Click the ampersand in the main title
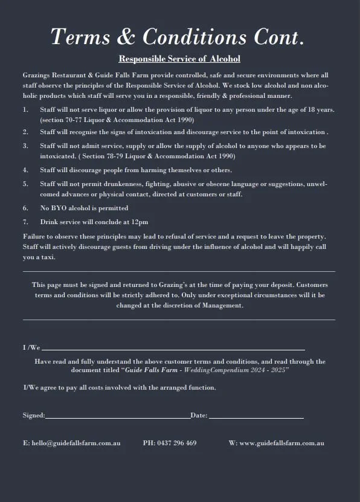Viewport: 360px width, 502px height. [125, 37]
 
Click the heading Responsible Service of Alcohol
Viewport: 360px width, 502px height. [179, 59]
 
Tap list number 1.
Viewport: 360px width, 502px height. [25, 110]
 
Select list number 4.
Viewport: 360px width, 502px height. [25, 170]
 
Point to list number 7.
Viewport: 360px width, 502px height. [25, 222]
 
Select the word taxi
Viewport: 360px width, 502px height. [47, 257]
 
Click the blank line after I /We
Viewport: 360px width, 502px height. [173, 349]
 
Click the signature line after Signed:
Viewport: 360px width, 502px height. [118, 417]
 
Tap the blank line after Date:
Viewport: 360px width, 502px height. [256, 417]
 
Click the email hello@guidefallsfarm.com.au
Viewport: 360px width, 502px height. [71, 443]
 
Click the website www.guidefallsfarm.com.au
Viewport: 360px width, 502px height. [282, 443]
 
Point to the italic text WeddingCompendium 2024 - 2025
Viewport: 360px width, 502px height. [236, 370]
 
